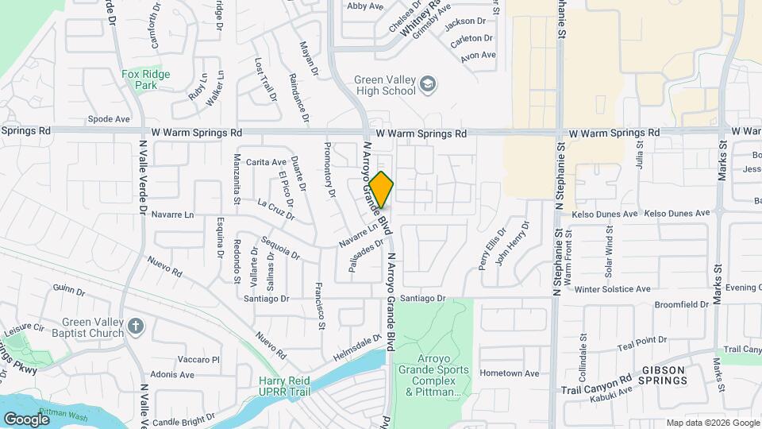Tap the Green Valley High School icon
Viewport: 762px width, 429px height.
(428, 84)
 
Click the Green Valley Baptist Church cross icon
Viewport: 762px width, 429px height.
(137, 327)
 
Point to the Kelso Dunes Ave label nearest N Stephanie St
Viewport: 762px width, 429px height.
(597, 214)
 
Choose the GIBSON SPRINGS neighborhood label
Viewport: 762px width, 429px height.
(664, 375)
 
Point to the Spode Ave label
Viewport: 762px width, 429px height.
(109, 119)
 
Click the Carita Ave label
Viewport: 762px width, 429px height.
(266, 162)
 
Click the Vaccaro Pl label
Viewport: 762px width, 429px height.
(198, 360)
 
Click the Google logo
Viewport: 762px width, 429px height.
(26, 419)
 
